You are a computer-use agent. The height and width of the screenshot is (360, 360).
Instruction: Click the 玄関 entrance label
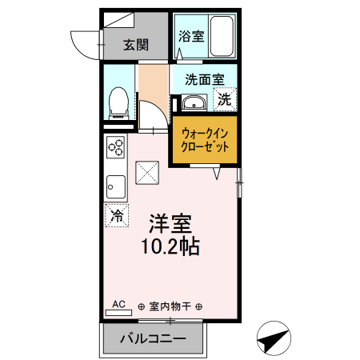(136, 45)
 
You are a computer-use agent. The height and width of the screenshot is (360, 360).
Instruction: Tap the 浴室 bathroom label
(190, 35)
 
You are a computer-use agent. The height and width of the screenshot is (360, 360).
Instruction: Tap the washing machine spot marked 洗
(226, 100)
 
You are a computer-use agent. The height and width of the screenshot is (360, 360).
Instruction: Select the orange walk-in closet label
(206, 142)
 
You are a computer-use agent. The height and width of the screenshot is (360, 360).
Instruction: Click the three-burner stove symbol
(115, 149)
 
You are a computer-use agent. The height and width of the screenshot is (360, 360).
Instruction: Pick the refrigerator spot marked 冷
(116, 214)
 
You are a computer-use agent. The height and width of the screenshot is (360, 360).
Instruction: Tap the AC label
(118, 304)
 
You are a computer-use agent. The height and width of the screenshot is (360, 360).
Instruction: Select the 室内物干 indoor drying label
(168, 306)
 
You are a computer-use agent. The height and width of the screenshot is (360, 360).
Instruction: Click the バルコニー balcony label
(153, 338)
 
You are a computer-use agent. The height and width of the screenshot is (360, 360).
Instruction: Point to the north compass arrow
(274, 339)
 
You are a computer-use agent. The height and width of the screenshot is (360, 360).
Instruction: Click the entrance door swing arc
(82, 40)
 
